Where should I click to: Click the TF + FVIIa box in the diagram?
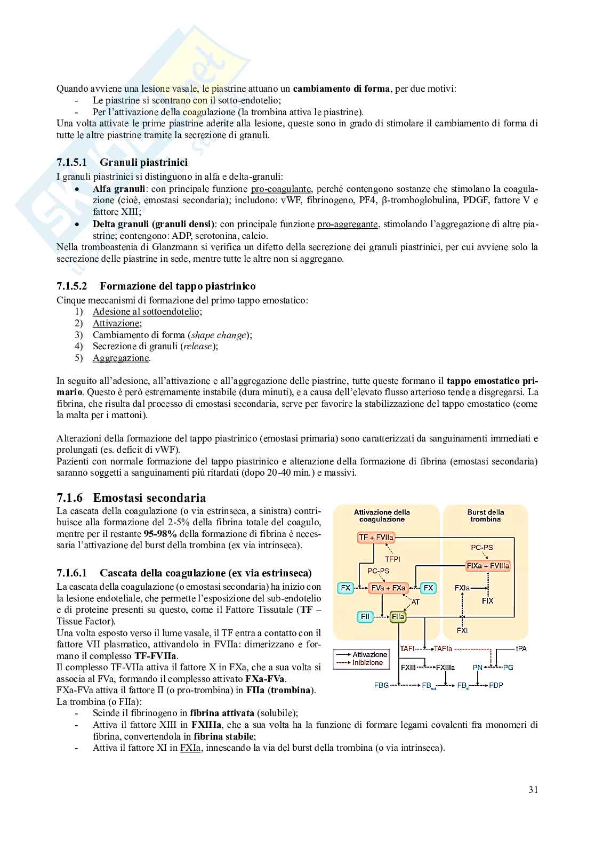pos(377,538)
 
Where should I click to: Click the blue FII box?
pos(365,616)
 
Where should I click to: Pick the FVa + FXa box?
pos(389,588)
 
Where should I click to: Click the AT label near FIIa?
pos(415,602)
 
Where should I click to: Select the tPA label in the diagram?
pos(521,648)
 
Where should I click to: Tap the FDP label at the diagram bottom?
pos(496,685)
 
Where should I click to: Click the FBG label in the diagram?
pos(381,685)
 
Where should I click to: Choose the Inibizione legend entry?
pos(367,662)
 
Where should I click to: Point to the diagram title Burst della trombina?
pos(486,515)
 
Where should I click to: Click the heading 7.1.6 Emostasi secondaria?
pos(131,498)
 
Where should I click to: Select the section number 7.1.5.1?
pos(75,162)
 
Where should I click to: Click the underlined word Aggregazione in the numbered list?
pos(120,358)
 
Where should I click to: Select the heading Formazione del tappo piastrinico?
pos(178,286)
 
